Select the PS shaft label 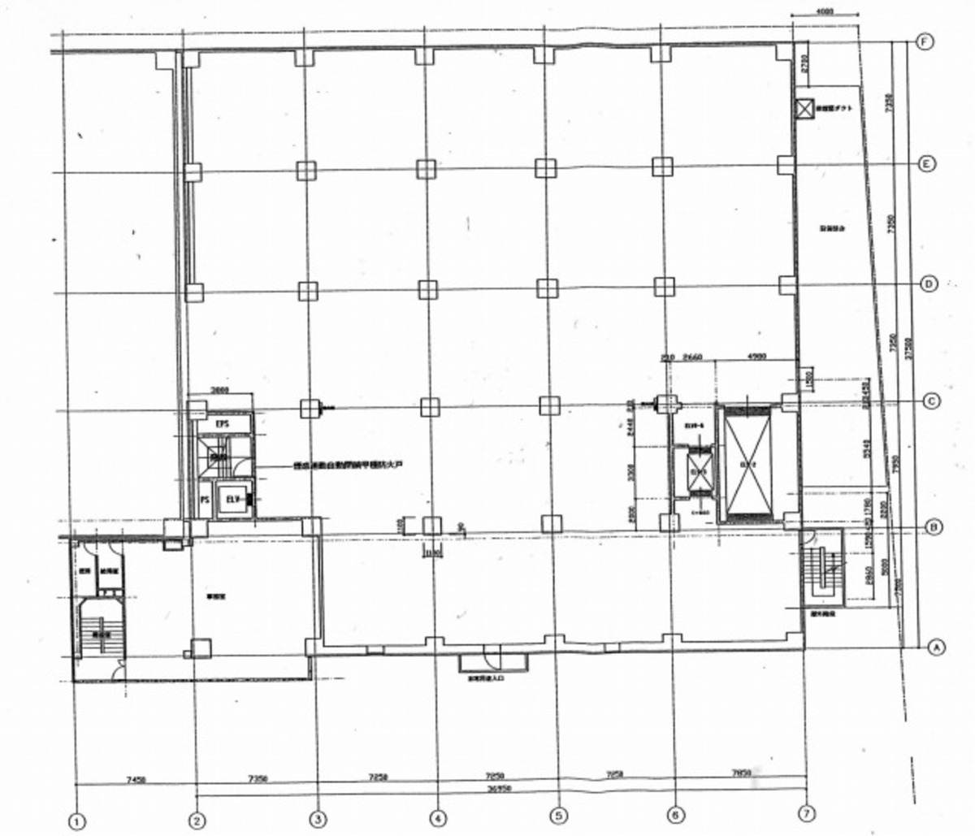205,500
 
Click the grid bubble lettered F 924,42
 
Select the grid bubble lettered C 932,401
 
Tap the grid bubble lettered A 936,647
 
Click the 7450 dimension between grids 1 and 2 136,780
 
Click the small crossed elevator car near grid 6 697,470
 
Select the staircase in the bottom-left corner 100,630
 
